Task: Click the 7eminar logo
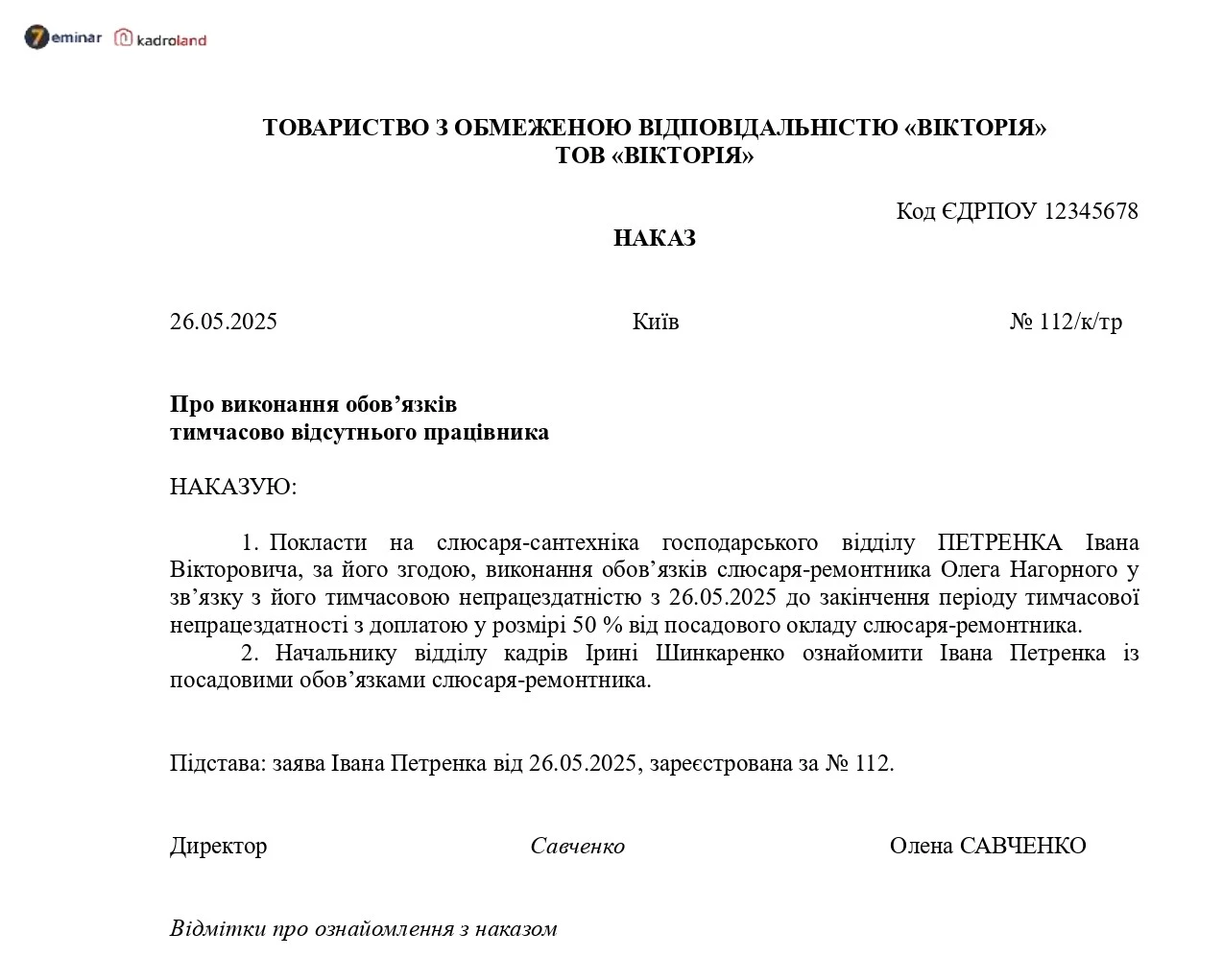pyautogui.click(x=62, y=38)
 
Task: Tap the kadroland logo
pyautogui.click(x=160, y=39)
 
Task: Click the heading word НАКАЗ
pyautogui.click(x=654, y=238)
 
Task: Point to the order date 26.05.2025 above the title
pyautogui.click(x=224, y=322)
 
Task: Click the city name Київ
pyautogui.click(x=656, y=322)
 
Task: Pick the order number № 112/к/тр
pyautogui.click(x=1066, y=322)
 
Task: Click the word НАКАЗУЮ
pyautogui.click(x=233, y=487)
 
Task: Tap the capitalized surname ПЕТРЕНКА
pyautogui.click(x=1000, y=542)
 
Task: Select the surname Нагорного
pyautogui.click(x=1066, y=570)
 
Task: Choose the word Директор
pyautogui.click(x=218, y=847)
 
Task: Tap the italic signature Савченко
pyautogui.click(x=577, y=847)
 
